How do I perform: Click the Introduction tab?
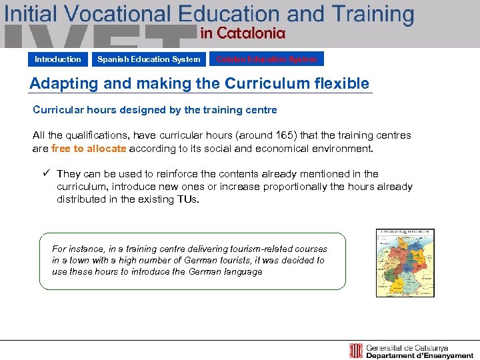click(58, 59)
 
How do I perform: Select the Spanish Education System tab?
click(149, 59)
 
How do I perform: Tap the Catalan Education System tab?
click(267, 59)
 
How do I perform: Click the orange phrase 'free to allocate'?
click(89, 149)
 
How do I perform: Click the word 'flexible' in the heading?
click(339, 83)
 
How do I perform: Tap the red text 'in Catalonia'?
click(243, 33)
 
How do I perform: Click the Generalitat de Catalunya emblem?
click(356, 351)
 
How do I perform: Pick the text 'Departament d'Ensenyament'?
click(421, 356)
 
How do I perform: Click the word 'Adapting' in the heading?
click(60, 83)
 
